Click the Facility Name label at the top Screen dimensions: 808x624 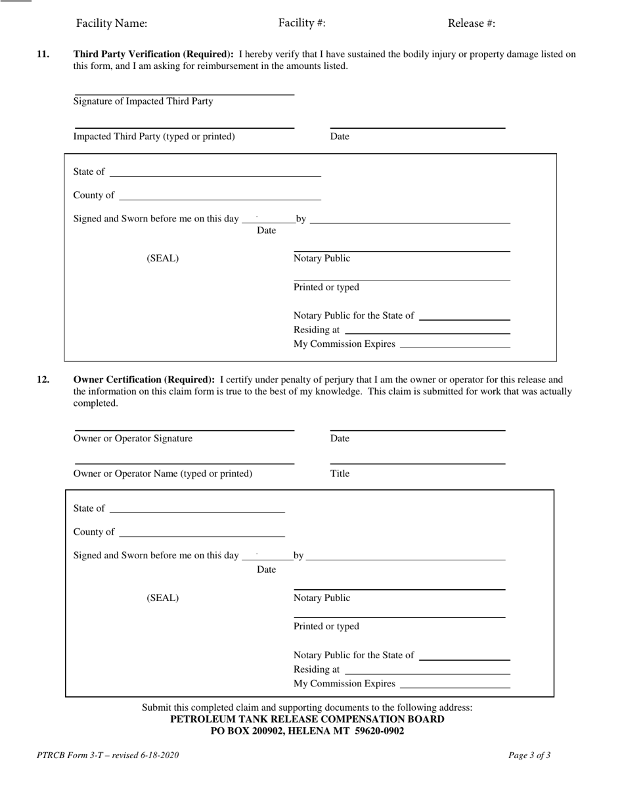pos(112,24)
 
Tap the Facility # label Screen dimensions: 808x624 pos(301,23)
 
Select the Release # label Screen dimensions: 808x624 pos(471,24)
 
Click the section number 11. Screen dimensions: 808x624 pos(43,55)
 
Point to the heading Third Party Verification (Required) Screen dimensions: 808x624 pos(153,55)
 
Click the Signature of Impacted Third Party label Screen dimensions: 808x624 pos(143,101)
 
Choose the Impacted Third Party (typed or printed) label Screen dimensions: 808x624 pos(154,137)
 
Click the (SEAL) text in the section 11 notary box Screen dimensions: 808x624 pos(162,259)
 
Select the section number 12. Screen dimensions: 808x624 pos(43,380)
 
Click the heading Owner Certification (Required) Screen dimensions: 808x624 pos(144,380)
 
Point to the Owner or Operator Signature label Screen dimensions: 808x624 pos(133,439)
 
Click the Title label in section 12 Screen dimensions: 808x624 pos(340,474)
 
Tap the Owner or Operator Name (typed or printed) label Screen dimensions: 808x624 pos(162,474)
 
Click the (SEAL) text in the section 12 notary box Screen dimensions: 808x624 pos(162,598)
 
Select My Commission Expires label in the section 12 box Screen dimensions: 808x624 pos(344,684)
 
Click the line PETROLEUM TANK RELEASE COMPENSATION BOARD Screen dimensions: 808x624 pos(307,719)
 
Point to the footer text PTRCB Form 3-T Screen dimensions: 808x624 pos(108,755)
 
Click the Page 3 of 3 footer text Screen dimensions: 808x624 pos(529,755)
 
